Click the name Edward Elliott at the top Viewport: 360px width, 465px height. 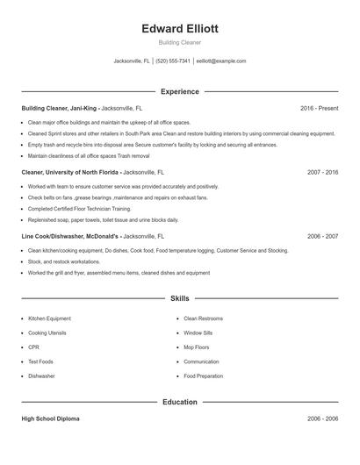(180, 28)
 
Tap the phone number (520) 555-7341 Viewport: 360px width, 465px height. (174, 61)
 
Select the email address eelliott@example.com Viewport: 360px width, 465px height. (221, 61)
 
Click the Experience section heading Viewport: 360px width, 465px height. (180, 91)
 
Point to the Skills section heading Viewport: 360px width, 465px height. (180, 299)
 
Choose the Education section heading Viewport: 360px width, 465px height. (180, 402)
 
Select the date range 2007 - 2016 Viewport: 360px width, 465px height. (322, 172)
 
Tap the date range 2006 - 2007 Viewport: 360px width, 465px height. (322, 236)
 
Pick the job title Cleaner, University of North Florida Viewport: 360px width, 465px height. (71, 172)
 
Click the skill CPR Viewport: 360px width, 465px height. (33, 347)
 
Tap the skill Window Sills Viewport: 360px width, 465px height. (198, 333)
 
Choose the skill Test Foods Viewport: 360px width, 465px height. (40, 361)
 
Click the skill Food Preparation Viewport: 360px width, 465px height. (203, 376)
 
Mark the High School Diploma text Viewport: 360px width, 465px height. (51, 419)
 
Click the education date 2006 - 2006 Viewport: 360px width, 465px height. (322, 419)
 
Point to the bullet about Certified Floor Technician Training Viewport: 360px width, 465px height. (79, 209)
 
